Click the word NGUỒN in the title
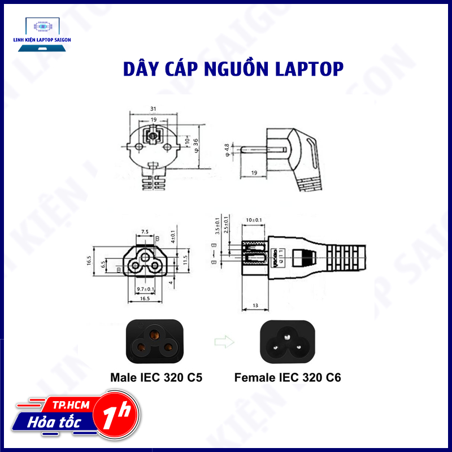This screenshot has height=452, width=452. pyautogui.click(x=236, y=69)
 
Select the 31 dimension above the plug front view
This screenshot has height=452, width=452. pyautogui.click(x=153, y=109)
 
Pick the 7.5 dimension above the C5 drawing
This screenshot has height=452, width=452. pyautogui.click(x=145, y=232)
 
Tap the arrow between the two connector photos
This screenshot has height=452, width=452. pyautogui.click(x=222, y=341)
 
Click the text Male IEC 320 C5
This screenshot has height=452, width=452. pyautogui.click(x=157, y=377)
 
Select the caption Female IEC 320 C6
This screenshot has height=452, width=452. pyautogui.click(x=288, y=377)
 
